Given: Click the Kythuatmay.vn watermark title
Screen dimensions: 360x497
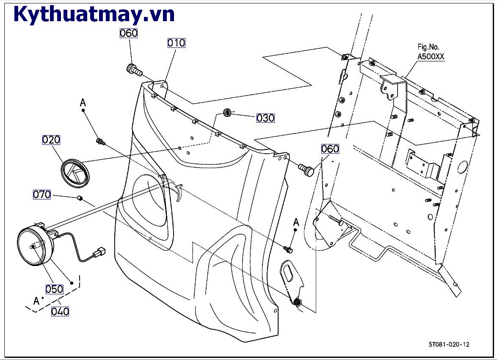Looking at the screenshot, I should click(x=94, y=14).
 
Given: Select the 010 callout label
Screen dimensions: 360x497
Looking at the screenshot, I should click(x=176, y=43).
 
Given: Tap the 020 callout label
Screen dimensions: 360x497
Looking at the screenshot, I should click(x=51, y=140).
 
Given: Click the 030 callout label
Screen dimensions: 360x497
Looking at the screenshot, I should click(x=265, y=118).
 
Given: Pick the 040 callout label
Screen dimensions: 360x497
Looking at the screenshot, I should click(x=60, y=311).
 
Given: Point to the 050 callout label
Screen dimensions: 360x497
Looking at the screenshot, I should click(x=54, y=289).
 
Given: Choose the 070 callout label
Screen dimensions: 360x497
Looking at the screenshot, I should click(x=42, y=195).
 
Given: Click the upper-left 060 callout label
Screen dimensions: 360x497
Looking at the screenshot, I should click(x=129, y=33).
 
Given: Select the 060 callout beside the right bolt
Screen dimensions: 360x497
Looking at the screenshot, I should click(x=330, y=149).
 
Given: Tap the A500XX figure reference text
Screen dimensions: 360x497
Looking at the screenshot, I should click(x=431, y=56).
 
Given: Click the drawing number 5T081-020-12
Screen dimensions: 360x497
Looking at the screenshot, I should click(x=448, y=344).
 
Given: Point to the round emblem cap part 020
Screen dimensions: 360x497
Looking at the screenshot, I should click(x=76, y=172).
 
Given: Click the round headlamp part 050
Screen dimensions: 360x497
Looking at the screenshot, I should click(x=34, y=246).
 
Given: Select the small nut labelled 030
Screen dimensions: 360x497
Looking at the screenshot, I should click(x=227, y=113).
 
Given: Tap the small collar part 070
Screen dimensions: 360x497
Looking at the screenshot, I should click(x=79, y=198).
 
